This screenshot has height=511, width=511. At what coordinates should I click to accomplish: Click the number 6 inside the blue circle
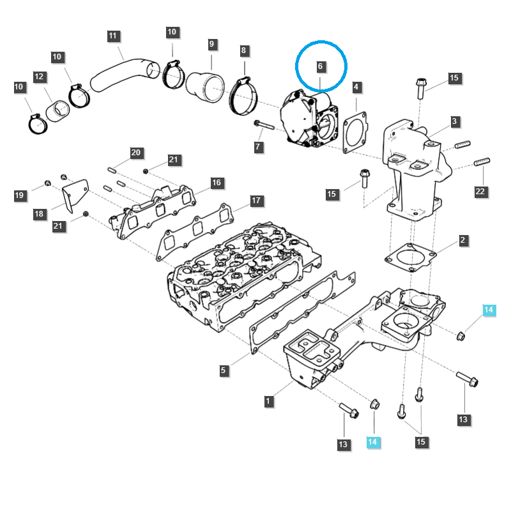[x=321, y=66]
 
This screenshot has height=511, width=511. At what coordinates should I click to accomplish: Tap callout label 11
[x=113, y=35]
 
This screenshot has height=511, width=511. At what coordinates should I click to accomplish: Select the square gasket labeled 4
[x=356, y=132]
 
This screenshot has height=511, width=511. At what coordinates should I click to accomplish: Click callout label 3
[x=454, y=121]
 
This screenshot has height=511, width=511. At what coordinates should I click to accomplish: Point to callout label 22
[x=480, y=191]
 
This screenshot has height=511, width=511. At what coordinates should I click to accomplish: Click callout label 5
[x=223, y=370]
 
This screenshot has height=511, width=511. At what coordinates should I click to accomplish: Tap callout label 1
[x=269, y=401]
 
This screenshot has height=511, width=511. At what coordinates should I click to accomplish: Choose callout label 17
[x=256, y=201]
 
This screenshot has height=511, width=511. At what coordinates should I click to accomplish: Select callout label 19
[x=20, y=195]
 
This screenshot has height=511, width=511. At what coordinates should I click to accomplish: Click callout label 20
[x=135, y=153]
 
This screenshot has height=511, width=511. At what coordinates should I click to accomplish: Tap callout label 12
[x=39, y=77]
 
